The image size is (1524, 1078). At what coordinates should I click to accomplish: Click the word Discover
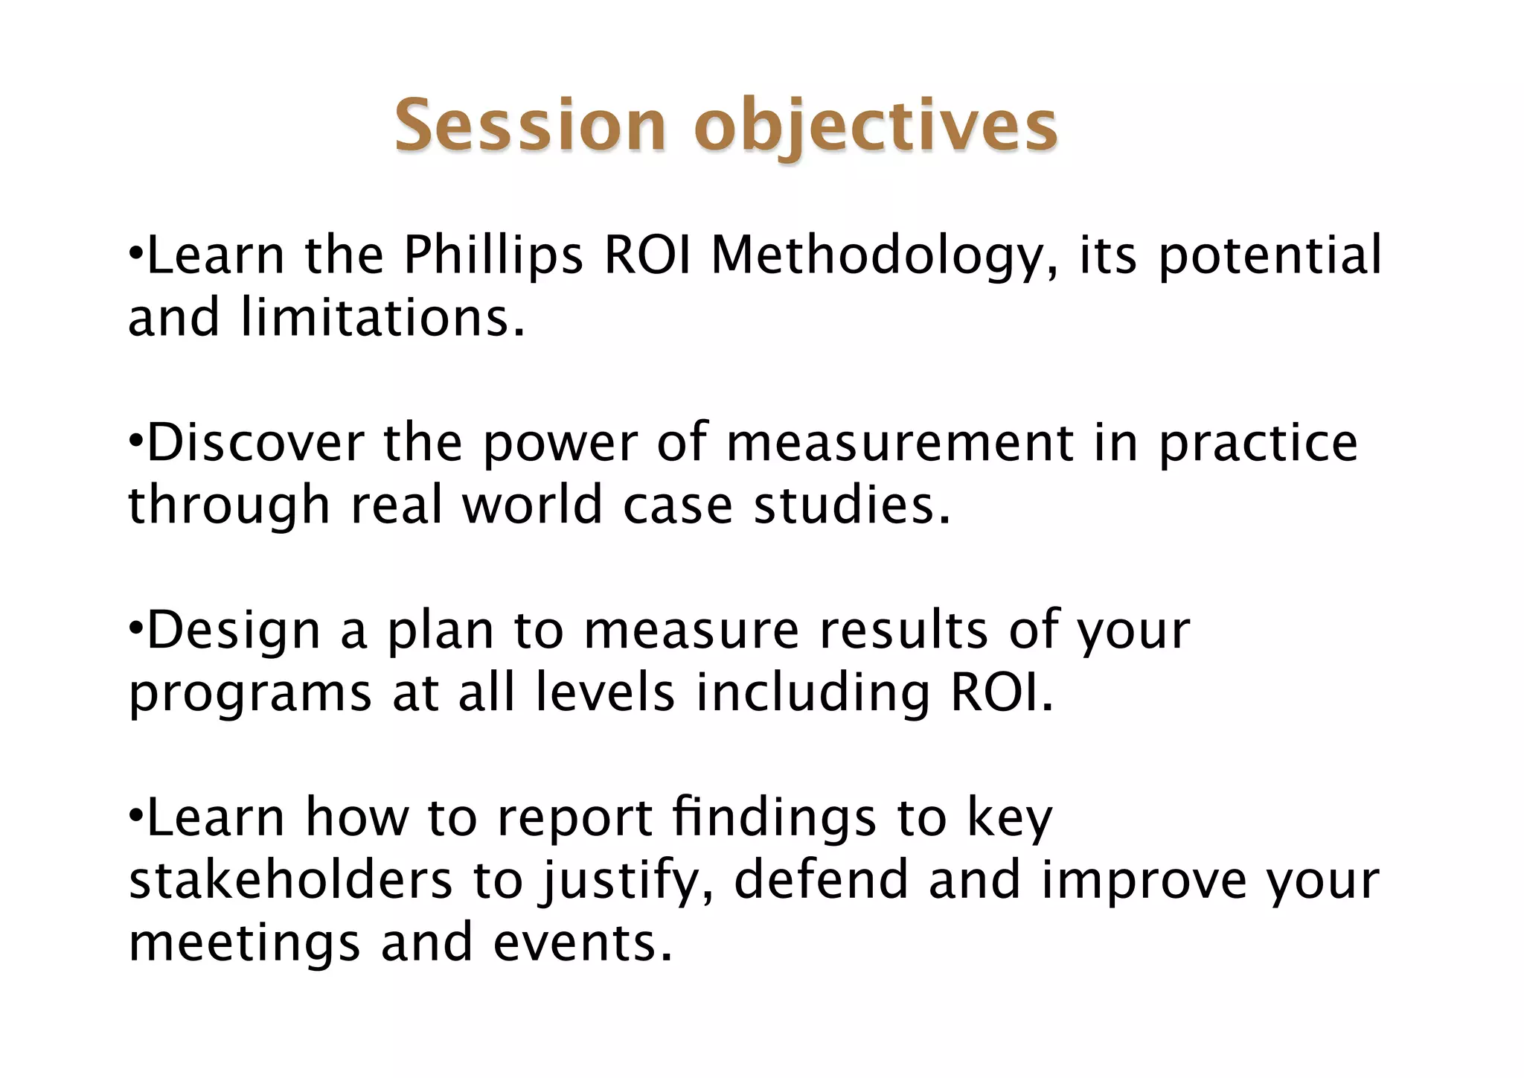click(x=255, y=443)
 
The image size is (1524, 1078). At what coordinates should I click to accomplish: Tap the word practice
click(x=1258, y=443)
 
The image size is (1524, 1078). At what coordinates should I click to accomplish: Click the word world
click(x=531, y=505)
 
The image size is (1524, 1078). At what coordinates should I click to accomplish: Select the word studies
click(x=852, y=505)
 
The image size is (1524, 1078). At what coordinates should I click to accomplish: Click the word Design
click(x=233, y=631)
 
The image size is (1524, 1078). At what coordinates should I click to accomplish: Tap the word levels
click(x=605, y=693)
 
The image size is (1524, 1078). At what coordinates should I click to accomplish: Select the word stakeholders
click(x=290, y=881)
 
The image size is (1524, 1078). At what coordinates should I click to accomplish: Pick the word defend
click(x=822, y=881)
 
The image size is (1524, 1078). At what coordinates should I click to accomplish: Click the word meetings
click(x=244, y=943)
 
